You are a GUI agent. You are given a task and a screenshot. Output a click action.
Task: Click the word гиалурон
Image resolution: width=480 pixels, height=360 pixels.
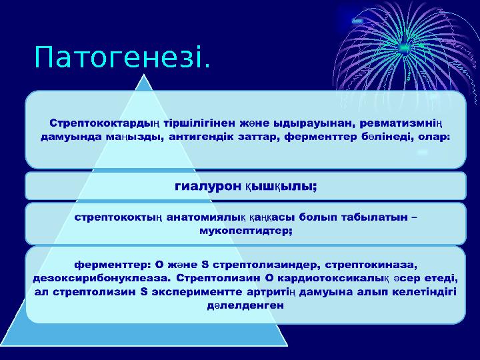coord(207,187)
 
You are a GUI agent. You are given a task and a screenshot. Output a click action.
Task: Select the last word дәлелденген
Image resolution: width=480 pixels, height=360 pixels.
coord(245,305)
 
